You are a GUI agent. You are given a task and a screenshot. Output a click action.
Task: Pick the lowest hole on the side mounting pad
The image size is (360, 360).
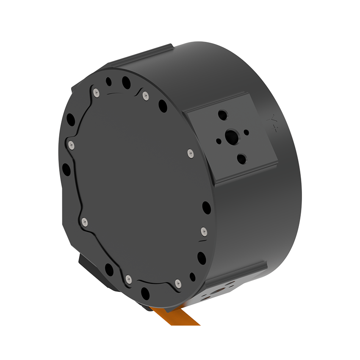point(241,159)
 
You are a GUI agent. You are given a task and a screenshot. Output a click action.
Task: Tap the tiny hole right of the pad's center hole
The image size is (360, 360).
point(246,133)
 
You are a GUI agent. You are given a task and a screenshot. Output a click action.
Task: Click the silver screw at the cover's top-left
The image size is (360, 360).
point(97,92)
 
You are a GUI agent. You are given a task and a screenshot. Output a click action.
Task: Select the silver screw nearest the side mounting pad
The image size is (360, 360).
point(189,152)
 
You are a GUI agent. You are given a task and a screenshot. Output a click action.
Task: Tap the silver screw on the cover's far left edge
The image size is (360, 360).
point(71,145)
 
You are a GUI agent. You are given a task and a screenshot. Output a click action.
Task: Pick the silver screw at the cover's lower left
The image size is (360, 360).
point(84,221)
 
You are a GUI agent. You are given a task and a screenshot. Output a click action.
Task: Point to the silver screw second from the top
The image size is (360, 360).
point(146,95)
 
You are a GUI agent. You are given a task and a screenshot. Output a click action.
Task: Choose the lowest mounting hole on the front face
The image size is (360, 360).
point(145,292)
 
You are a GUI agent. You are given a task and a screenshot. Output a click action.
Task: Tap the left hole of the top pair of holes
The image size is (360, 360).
point(109,80)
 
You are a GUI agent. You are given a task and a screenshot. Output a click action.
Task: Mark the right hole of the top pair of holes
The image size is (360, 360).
point(126,82)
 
